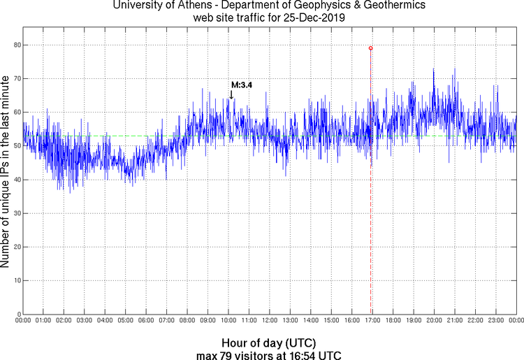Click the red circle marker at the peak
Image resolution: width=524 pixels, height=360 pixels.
tap(370, 48)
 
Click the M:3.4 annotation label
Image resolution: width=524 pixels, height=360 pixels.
tap(241, 85)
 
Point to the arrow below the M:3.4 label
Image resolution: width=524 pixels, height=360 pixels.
tap(231, 94)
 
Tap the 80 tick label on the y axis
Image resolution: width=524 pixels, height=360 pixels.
tap(15, 45)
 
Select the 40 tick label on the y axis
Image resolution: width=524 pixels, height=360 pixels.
tap(15, 180)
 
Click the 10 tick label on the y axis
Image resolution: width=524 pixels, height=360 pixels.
tap(15, 280)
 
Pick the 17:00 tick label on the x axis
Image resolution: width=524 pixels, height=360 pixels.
tap(372, 320)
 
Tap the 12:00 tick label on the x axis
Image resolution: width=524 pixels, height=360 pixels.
tap(270, 320)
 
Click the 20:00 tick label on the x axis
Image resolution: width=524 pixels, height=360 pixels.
tap(434, 320)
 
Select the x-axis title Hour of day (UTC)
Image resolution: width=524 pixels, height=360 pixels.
tap(269, 343)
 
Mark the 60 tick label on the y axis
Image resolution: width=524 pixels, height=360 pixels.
tap(15, 112)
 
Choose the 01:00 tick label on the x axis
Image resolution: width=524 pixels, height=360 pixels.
tap(43, 320)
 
